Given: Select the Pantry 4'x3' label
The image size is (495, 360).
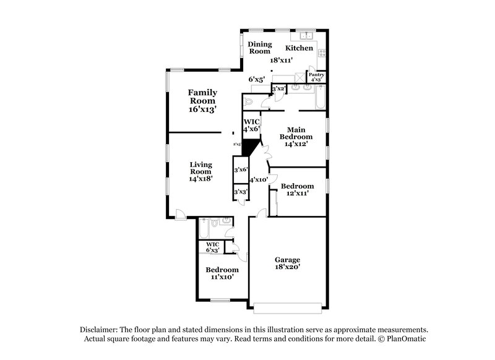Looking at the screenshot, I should click(x=317, y=77).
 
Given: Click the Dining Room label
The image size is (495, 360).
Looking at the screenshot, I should click(x=260, y=48).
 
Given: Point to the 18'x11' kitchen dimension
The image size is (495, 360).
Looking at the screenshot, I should click(x=281, y=60).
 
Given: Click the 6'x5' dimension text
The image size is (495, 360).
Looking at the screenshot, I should click(x=256, y=79).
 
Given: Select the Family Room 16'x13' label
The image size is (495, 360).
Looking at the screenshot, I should click(x=202, y=100).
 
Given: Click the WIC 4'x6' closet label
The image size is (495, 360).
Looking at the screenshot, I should click(x=251, y=126).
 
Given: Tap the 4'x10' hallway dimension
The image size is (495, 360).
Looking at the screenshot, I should click(x=257, y=179).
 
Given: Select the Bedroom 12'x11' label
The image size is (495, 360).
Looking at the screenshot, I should click(x=298, y=189).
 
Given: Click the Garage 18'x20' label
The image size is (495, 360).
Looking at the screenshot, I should click(x=287, y=264).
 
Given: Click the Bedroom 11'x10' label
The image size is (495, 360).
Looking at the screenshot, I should click(x=222, y=273).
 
